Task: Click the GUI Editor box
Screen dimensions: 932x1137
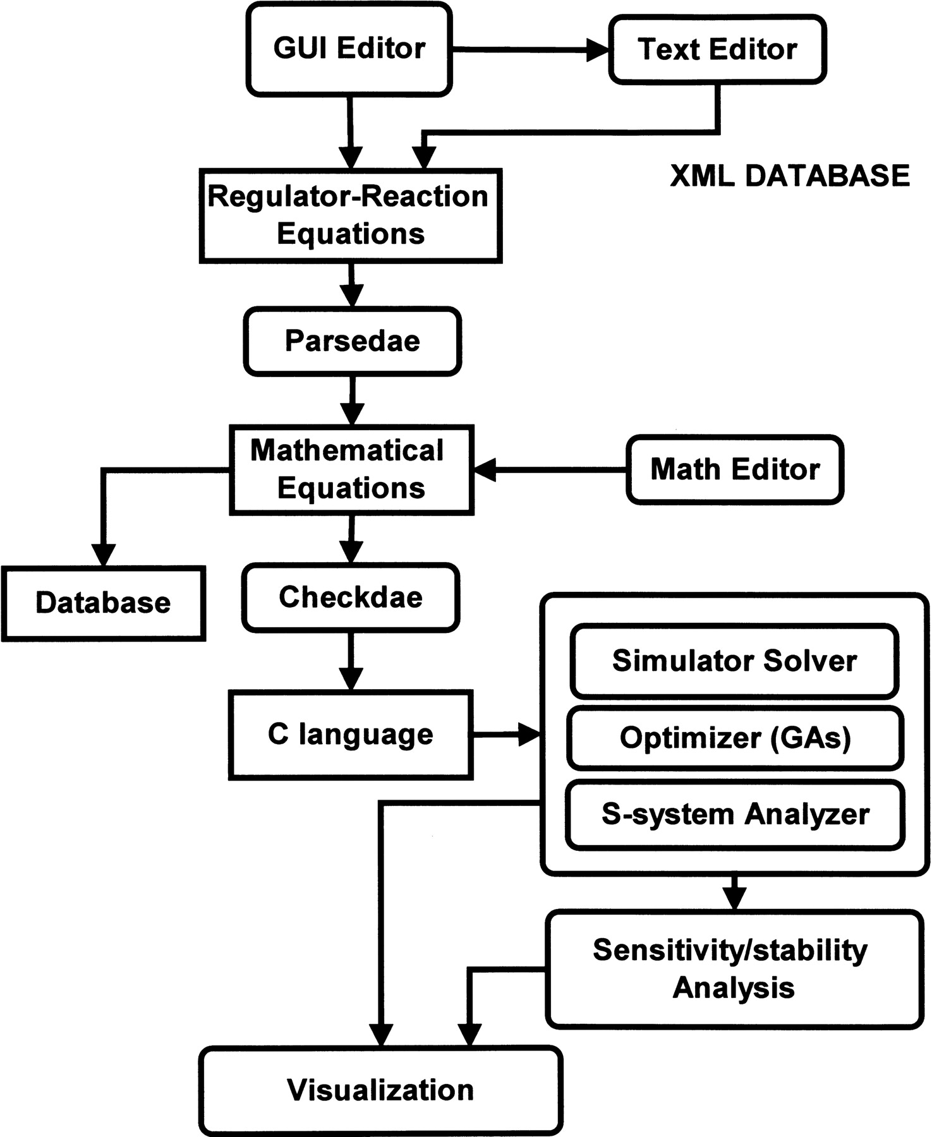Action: [x=349, y=49]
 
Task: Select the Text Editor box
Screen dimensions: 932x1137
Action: [x=717, y=50]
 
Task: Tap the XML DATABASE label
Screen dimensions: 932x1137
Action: [x=790, y=176]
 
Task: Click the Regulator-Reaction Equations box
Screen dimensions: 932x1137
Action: [x=351, y=216]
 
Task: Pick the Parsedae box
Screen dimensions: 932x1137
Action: [x=352, y=341]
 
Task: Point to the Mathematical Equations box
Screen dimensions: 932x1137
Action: [x=351, y=470]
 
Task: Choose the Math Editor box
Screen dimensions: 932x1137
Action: [x=735, y=469]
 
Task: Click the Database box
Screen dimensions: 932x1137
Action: [x=103, y=603]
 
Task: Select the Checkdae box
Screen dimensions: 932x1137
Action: [x=351, y=598]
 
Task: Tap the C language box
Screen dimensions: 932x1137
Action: [x=351, y=735]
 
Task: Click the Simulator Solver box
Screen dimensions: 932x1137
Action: [x=734, y=661]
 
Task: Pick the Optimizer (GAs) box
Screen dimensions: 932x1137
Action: [x=735, y=738]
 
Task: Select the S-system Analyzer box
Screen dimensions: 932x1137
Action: [x=735, y=814]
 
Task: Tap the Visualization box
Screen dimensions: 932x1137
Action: [x=380, y=1090]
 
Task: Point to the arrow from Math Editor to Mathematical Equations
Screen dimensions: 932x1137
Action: [x=550, y=469]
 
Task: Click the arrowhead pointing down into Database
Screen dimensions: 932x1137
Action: [x=103, y=555]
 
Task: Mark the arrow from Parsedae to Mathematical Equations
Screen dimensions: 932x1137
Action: [x=352, y=400]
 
